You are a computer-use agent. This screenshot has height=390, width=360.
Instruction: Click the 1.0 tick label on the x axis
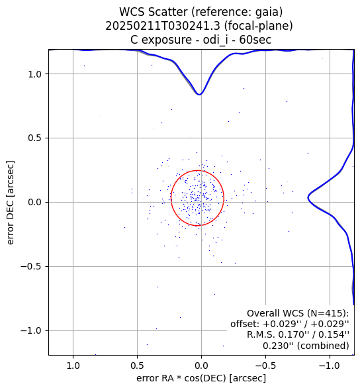coord(73,366)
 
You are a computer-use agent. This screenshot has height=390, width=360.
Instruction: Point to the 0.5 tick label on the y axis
coord(34,138)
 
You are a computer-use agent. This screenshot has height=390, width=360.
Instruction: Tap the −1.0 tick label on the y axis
coord(31,331)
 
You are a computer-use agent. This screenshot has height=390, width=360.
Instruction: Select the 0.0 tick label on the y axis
coord(34,202)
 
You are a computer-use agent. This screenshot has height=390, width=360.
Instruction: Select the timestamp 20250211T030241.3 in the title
coord(163,26)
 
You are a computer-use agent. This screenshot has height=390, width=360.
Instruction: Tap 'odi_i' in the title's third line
coord(215,40)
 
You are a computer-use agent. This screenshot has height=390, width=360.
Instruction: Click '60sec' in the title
coord(255,40)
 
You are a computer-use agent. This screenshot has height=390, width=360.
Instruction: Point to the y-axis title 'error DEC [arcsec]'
coord(10,203)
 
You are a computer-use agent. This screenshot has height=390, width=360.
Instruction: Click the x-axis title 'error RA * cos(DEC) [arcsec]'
coord(201,378)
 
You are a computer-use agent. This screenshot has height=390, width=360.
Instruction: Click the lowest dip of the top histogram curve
coord(199,95)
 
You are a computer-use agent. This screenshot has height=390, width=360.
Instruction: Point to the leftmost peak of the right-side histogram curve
coord(308,198)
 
